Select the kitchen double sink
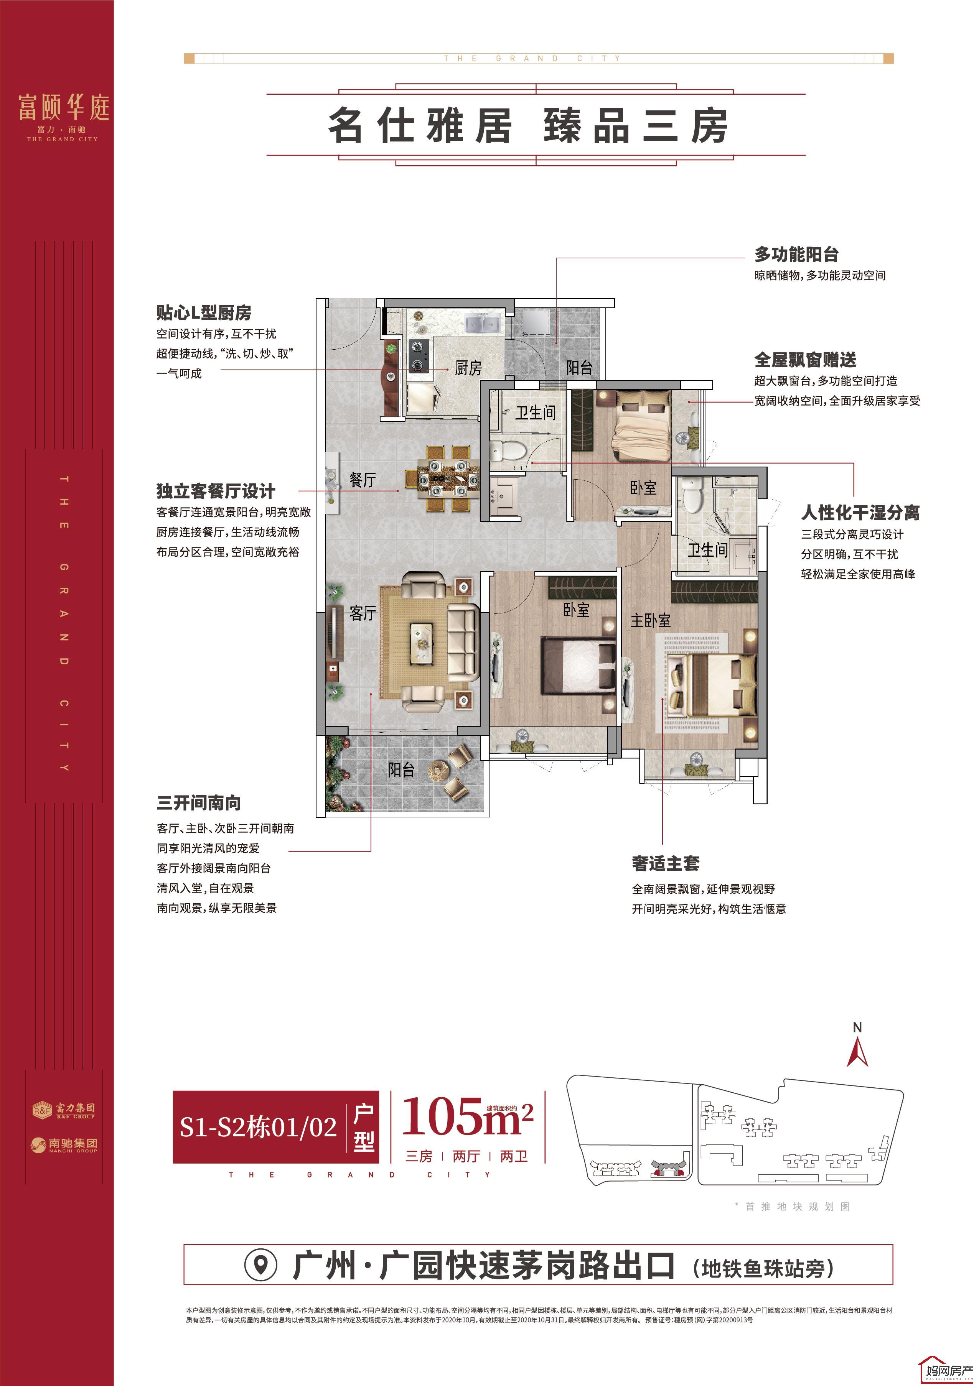pyautogui.click(x=483, y=324)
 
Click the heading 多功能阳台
pyautogui.click(x=796, y=254)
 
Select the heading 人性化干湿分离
pyautogui.click(x=860, y=513)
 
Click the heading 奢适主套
pyautogui.click(x=666, y=864)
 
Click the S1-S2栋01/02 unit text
pyautogui.click(x=258, y=1126)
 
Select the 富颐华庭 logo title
pyautogui.click(x=63, y=107)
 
